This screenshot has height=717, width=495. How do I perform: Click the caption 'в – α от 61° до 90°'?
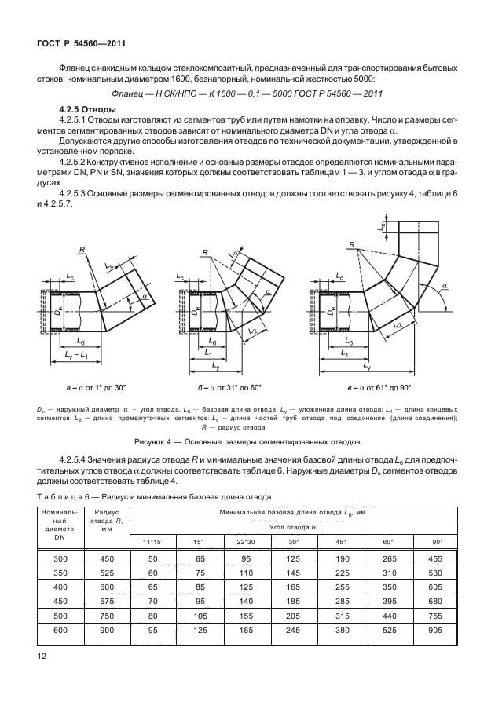tap(369, 387)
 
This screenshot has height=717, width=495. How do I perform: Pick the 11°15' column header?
tap(154, 543)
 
